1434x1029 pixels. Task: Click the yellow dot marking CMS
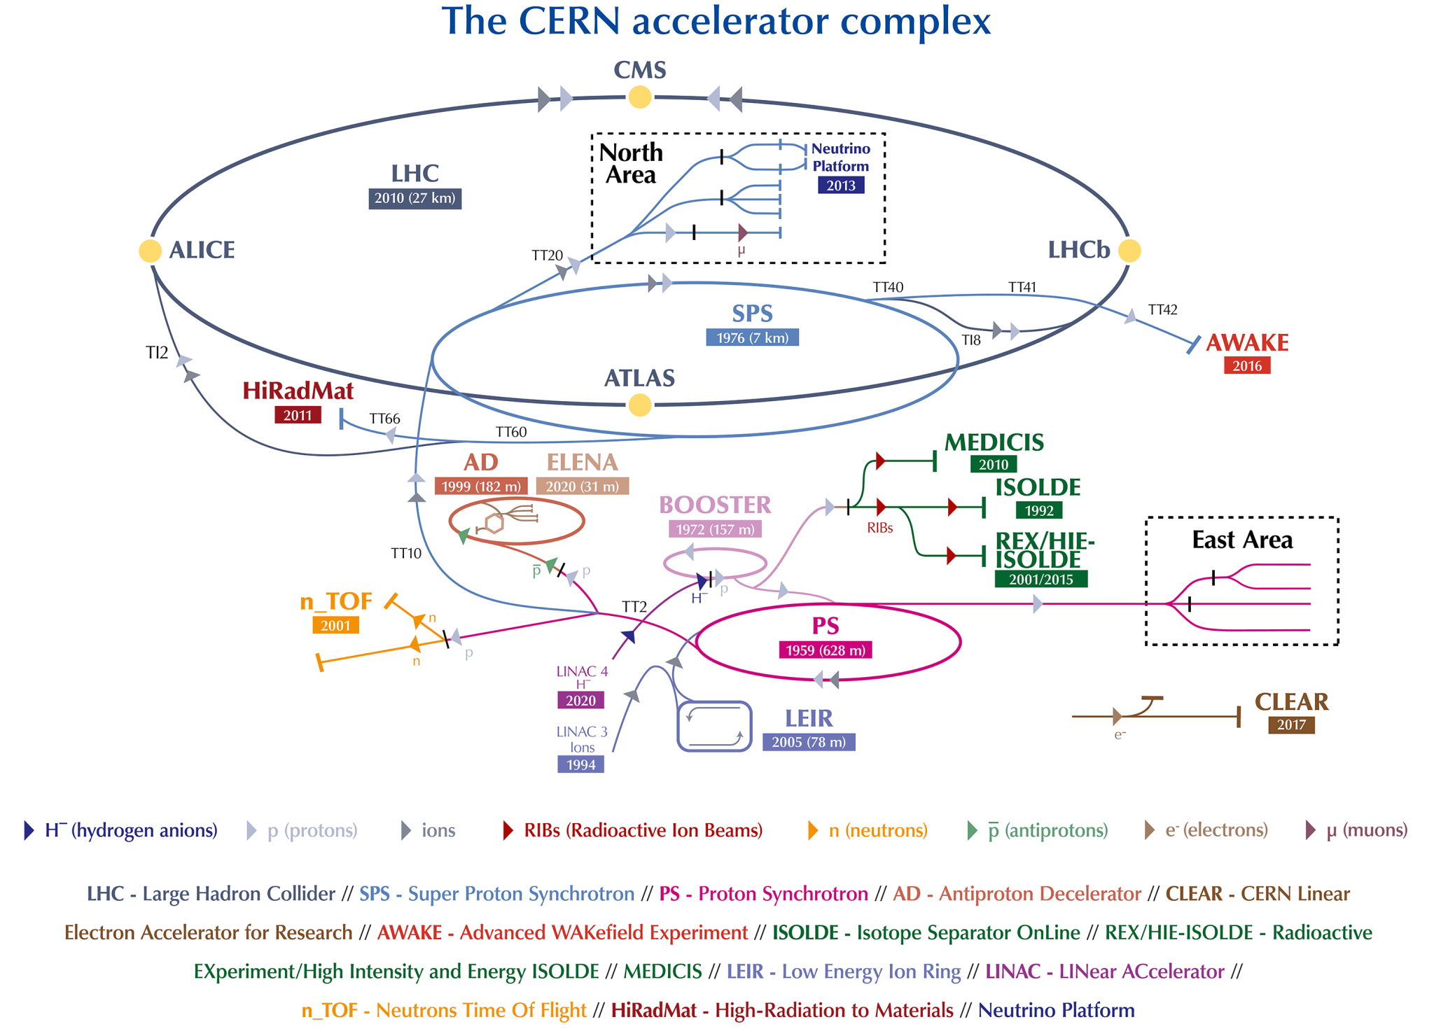(639, 97)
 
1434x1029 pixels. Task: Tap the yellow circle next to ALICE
(150, 251)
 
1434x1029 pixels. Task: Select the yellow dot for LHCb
(1129, 251)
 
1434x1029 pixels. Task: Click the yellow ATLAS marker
(639, 405)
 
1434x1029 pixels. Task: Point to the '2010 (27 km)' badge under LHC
(415, 198)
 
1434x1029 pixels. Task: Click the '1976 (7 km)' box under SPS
(752, 337)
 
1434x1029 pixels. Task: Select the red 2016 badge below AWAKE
(1246, 365)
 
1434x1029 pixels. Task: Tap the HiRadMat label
(298, 391)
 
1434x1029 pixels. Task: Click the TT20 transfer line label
(547, 255)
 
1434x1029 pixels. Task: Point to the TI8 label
(970, 340)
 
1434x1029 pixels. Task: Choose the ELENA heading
(582, 462)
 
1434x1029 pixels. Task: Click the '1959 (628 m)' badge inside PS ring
(826, 650)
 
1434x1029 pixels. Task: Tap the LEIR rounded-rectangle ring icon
(714, 726)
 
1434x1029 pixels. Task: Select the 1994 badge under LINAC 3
(580, 764)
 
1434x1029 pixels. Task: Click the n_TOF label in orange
(335, 601)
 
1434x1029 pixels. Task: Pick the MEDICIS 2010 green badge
(993, 464)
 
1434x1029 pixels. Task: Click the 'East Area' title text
(1242, 540)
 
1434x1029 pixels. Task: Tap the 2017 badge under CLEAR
(1290, 724)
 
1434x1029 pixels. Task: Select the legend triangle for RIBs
(508, 831)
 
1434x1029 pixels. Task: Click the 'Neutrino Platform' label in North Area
(840, 157)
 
